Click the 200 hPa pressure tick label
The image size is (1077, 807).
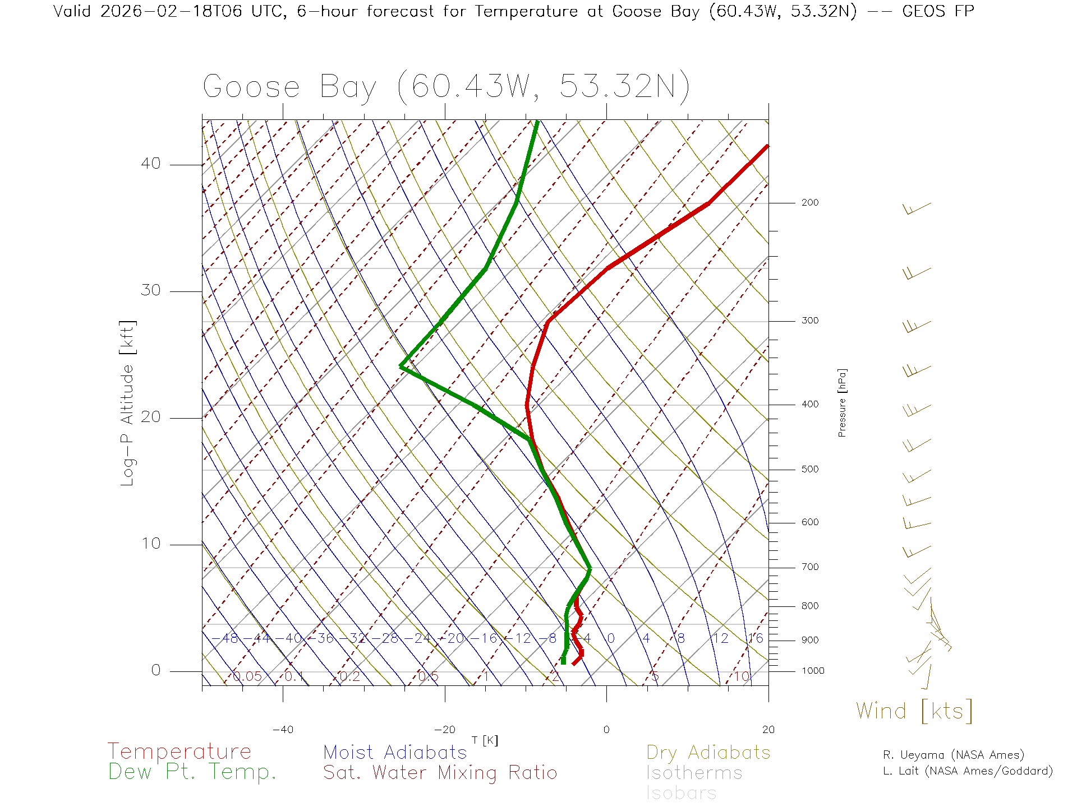pos(810,203)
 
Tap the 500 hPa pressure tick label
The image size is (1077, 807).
pos(810,470)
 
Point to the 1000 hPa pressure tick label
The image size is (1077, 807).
pos(813,671)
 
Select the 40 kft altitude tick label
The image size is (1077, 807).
pos(150,164)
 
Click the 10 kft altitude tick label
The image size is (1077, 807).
pos(150,544)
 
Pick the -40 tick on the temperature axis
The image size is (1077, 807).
pos(283,730)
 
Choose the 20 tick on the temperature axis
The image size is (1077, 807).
pos(768,730)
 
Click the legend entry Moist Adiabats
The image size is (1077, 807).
pos(395,753)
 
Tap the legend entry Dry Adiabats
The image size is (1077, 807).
pos(708,753)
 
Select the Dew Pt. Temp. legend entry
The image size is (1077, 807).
pos(192,773)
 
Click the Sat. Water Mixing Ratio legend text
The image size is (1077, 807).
pos(440,773)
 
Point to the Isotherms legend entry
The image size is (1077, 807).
pos(694,773)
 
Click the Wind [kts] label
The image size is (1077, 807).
pos(914,711)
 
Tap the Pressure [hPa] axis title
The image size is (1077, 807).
pos(842,403)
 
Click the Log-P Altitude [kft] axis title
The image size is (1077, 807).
pos(128,403)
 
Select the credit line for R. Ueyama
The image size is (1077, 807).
pos(953,755)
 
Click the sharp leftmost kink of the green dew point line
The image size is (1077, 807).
pos(401,366)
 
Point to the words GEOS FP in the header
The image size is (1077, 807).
pos(938,11)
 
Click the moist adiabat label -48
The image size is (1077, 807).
pos(229,638)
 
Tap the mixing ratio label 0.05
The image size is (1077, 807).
pos(247,676)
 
